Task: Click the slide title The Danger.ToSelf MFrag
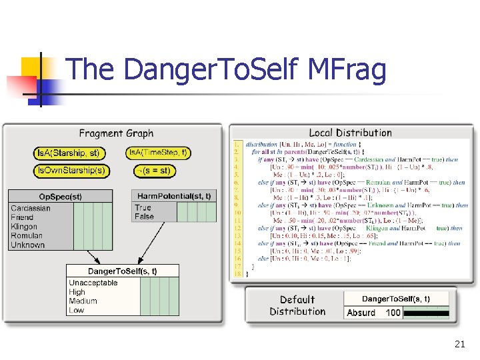tap(227, 70)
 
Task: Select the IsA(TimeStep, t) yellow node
tap(158, 153)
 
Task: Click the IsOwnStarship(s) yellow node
tap(71, 171)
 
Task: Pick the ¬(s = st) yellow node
tap(153, 171)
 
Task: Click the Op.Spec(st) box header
tap(60, 197)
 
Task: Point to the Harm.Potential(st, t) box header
tap(174, 196)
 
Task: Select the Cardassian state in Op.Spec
tap(31, 208)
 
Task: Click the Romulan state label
tap(27, 235)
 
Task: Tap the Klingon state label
tap(25, 227)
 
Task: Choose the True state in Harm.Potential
tap(143, 207)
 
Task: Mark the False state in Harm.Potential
tap(144, 216)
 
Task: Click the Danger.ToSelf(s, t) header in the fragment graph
tap(123, 271)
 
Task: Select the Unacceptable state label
tap(93, 283)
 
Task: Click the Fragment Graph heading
tap(116, 133)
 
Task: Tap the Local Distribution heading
tap(350, 133)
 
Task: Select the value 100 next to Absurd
tap(393, 312)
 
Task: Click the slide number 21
tap(459, 344)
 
